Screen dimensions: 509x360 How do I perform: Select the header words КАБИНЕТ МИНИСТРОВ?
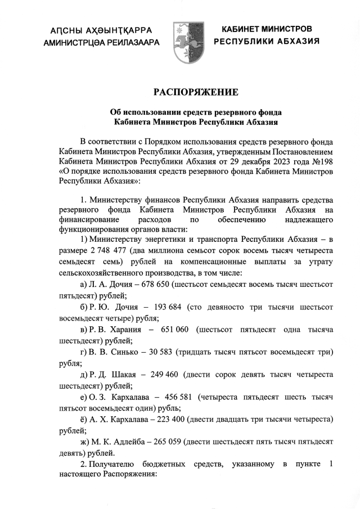[x=267, y=29]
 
